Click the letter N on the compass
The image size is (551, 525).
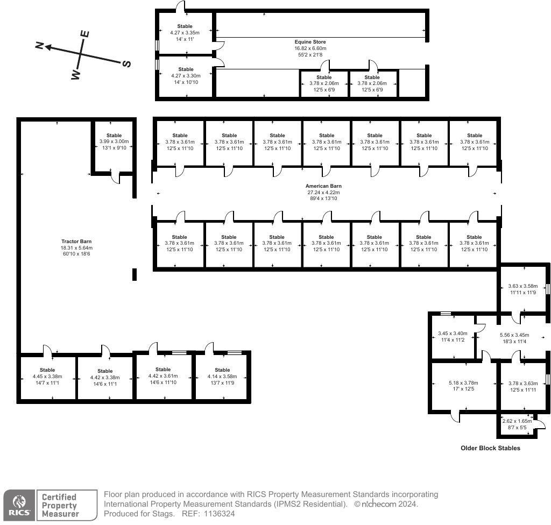click(x=39, y=46)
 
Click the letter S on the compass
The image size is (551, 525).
click(x=126, y=63)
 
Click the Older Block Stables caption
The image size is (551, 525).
click(x=490, y=448)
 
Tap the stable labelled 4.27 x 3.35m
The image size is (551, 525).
click(x=185, y=32)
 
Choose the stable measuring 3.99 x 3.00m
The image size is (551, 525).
click(x=114, y=141)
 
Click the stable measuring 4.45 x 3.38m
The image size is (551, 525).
click(x=47, y=377)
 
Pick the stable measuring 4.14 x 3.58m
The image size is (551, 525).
click(x=222, y=377)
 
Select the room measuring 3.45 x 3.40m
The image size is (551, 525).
click(x=451, y=337)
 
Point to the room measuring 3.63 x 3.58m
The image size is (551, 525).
click(x=523, y=289)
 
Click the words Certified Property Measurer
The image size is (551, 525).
click(x=60, y=506)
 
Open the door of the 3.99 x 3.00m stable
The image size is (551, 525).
click(x=116, y=178)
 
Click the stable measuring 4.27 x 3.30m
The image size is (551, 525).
click(x=185, y=76)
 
